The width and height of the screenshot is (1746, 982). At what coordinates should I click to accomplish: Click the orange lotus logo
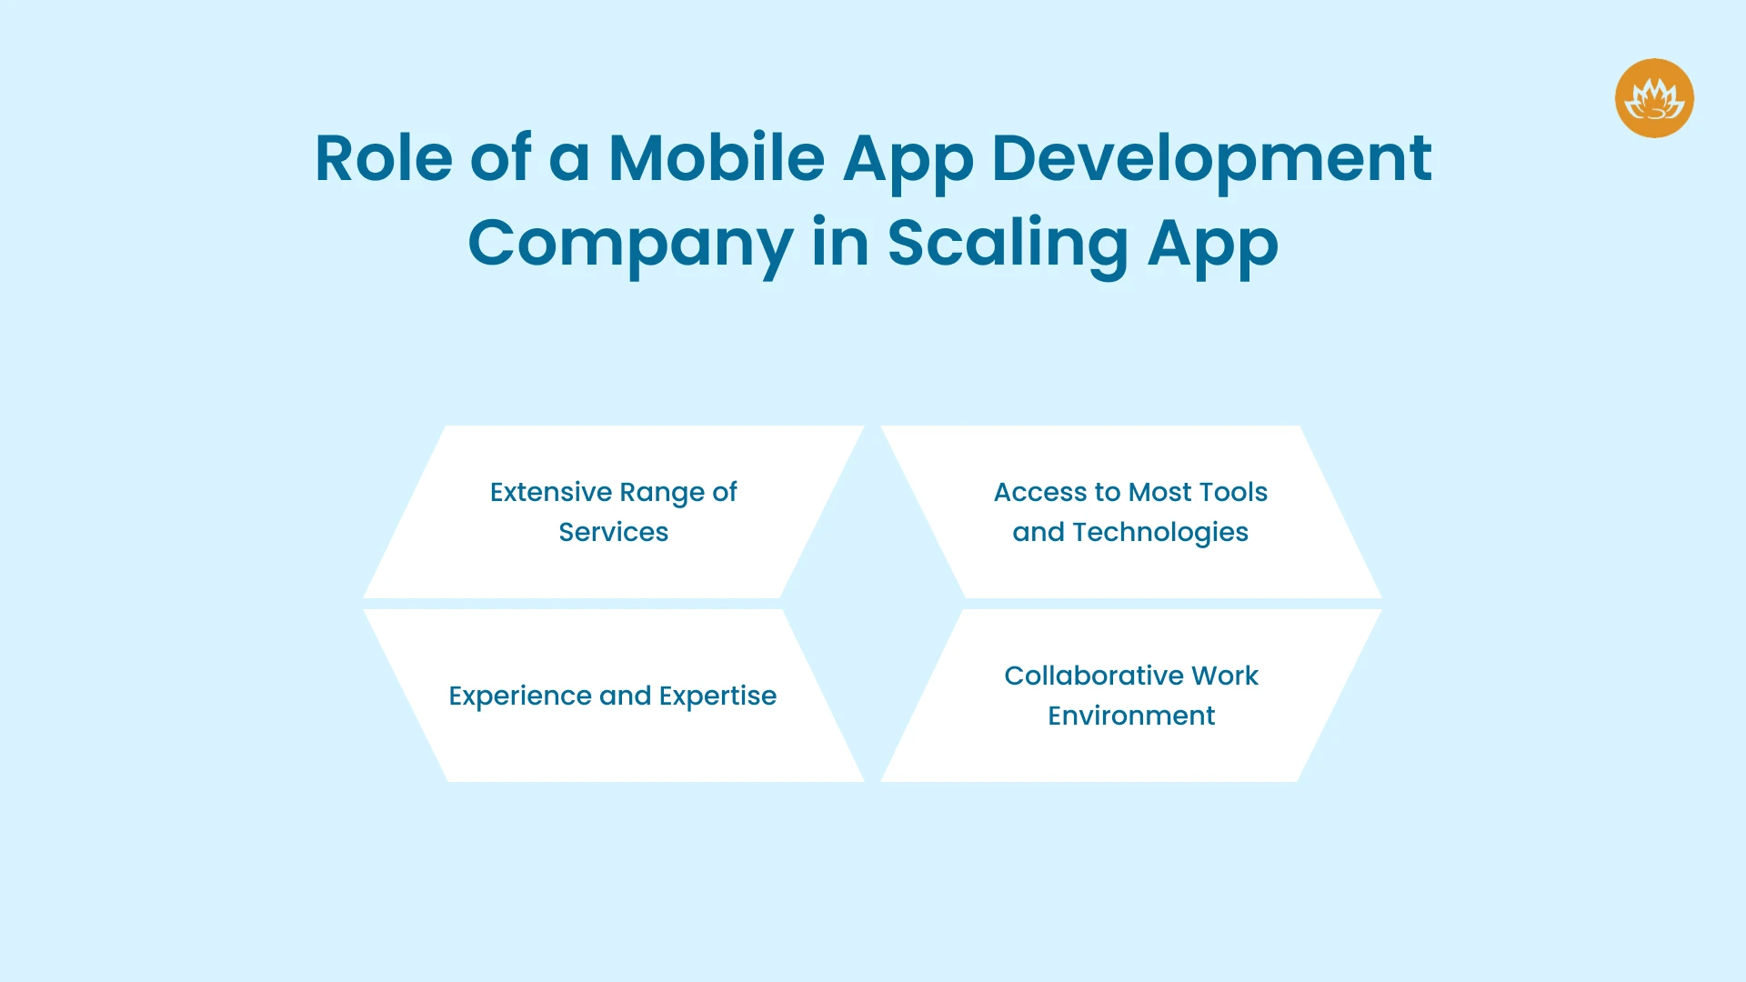point(1654,98)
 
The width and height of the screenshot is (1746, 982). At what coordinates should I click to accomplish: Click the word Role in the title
point(383,158)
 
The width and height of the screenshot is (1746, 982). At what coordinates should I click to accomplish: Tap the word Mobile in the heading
point(716,158)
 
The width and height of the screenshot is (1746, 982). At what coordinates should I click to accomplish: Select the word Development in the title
point(1211,158)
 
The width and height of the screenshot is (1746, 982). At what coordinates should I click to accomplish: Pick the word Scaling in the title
point(1007,244)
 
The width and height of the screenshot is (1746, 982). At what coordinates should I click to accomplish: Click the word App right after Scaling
point(1212,244)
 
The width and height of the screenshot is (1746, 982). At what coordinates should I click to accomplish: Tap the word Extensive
point(551,492)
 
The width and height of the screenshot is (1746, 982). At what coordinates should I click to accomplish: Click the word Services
point(614,532)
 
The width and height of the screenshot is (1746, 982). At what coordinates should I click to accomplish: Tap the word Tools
point(1234,492)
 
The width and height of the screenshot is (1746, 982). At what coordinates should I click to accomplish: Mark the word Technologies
point(1160,532)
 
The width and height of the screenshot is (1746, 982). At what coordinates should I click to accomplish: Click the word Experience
point(519,696)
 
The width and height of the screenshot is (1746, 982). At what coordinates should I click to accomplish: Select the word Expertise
point(717,696)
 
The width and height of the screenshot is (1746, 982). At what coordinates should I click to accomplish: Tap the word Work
point(1225,676)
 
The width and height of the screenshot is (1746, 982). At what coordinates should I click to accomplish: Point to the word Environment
point(1131,716)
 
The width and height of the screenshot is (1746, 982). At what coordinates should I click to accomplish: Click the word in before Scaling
point(839,244)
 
